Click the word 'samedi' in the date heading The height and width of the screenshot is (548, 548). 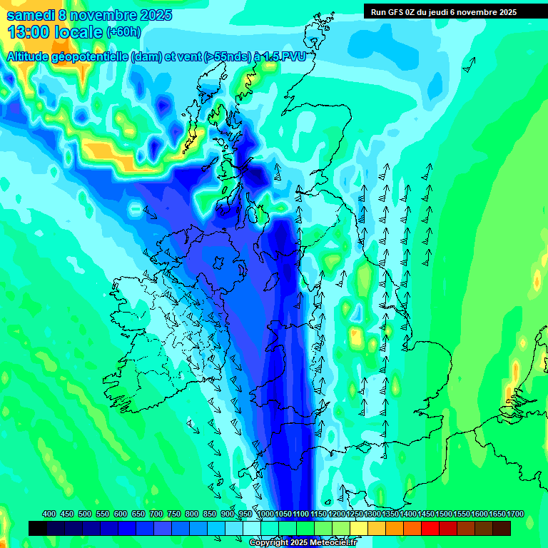tap(29, 15)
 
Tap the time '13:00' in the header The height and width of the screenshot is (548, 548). tap(28, 32)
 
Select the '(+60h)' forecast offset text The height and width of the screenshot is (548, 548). tap(123, 32)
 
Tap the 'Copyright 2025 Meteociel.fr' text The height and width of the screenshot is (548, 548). tap(303, 543)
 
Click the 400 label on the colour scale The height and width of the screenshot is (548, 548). tap(49, 514)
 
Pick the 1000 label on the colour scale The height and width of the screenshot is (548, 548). tap(265, 514)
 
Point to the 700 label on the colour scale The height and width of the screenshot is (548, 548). tap(157, 514)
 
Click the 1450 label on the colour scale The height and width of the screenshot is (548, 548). tap(426, 514)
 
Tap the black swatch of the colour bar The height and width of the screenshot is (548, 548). tap(38, 529)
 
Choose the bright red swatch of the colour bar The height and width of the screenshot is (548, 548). tap(430, 529)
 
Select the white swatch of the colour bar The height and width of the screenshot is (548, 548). tap(252, 529)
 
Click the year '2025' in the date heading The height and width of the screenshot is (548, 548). tap(151, 15)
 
